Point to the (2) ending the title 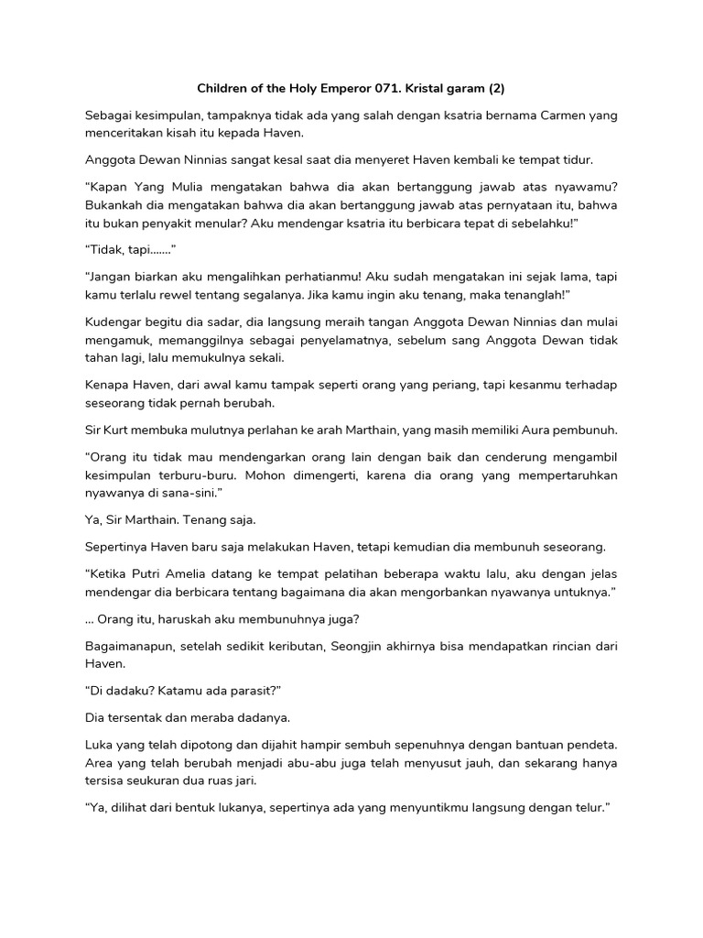click(496, 89)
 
